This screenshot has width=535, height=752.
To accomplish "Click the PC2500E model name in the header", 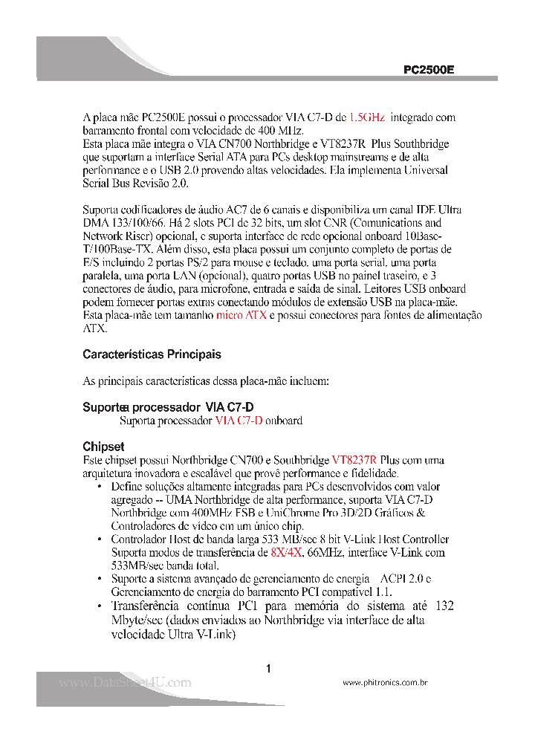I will (428, 69).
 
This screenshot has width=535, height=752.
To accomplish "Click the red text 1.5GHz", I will (366, 117).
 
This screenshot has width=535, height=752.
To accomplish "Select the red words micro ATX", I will (241, 316).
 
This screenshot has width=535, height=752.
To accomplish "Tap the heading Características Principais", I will (152, 354).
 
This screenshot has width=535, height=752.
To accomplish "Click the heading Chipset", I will (103, 447).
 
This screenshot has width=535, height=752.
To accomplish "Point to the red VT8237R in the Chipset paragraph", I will (354, 460).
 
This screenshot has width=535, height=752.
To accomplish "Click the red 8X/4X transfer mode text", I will (286, 552).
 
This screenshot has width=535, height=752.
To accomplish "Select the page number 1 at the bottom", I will (267, 669).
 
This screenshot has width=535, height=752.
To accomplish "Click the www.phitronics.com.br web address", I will (385, 682).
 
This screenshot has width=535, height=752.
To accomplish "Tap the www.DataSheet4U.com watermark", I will (125, 682).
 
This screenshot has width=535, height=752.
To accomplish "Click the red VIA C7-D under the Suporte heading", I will (239, 421).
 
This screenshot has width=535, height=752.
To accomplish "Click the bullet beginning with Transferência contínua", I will (100, 607).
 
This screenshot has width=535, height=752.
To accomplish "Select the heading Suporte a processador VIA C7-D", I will (168, 407).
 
